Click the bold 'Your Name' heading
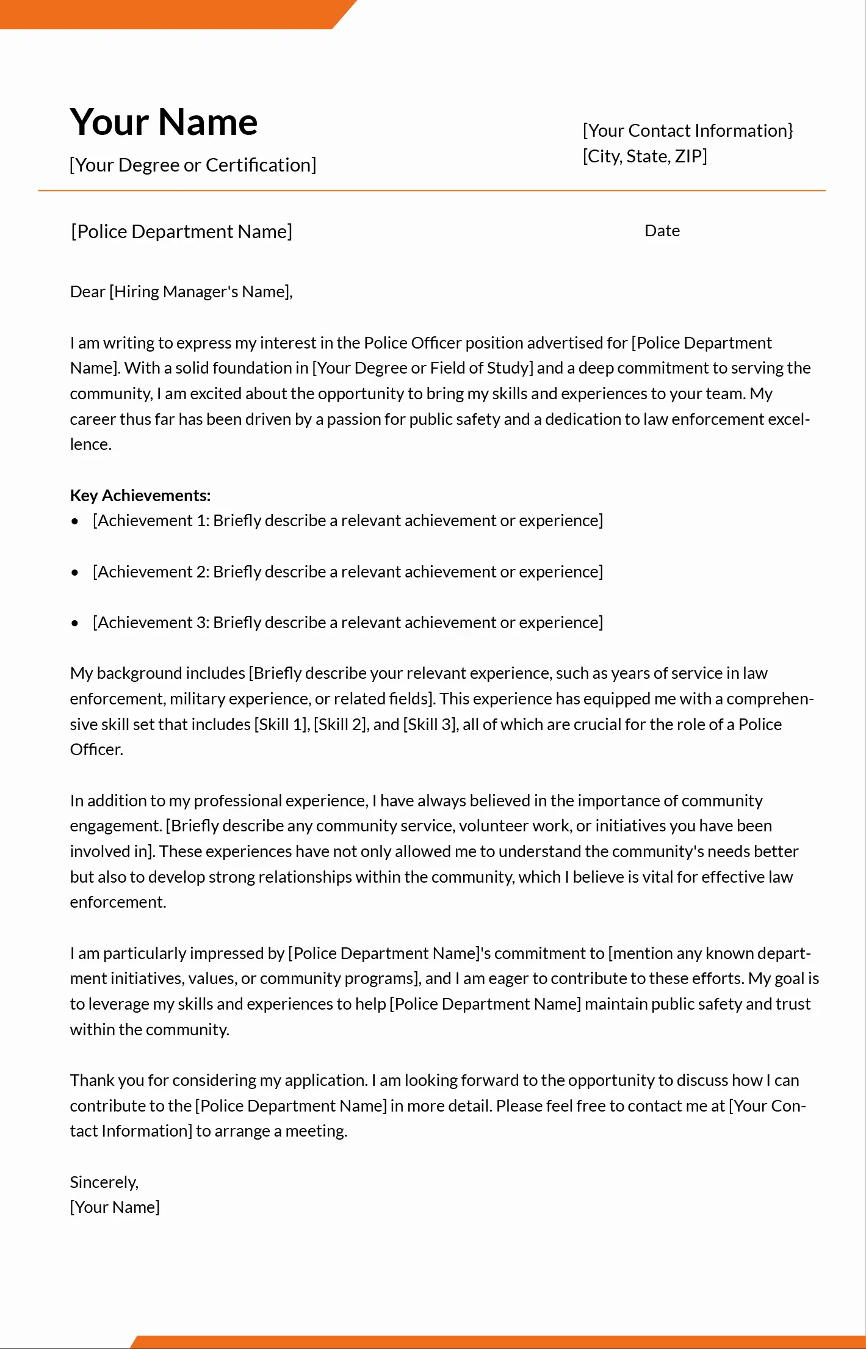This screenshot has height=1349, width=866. tap(164, 122)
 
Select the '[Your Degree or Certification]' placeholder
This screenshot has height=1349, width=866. tap(193, 165)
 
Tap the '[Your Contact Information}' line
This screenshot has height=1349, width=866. tap(688, 131)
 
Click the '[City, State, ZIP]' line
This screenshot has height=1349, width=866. tap(644, 156)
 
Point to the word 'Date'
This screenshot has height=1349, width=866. tap(662, 231)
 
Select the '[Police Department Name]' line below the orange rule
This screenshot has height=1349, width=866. tap(181, 231)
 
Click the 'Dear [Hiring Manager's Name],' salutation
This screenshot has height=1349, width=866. tap(181, 292)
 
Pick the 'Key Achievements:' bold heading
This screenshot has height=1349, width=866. tap(140, 495)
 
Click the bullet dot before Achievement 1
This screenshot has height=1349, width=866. tap(75, 521)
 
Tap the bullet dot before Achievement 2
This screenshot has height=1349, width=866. tap(75, 573)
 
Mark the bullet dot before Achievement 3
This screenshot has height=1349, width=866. tap(75, 623)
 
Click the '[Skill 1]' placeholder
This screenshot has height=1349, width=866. tap(281, 725)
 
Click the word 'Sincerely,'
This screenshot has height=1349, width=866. tap(104, 1182)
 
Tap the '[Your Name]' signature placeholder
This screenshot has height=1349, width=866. tap(115, 1207)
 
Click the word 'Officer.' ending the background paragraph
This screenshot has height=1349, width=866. tap(96, 750)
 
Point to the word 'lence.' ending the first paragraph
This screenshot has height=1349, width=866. tap(90, 444)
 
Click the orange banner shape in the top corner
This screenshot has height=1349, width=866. tap(171, 13)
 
